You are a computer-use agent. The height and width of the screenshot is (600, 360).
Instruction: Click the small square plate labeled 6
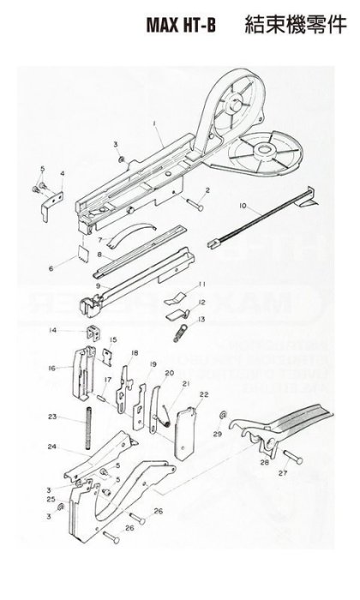pos(80,253)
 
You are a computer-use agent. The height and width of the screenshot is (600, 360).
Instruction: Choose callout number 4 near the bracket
pos(61,173)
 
